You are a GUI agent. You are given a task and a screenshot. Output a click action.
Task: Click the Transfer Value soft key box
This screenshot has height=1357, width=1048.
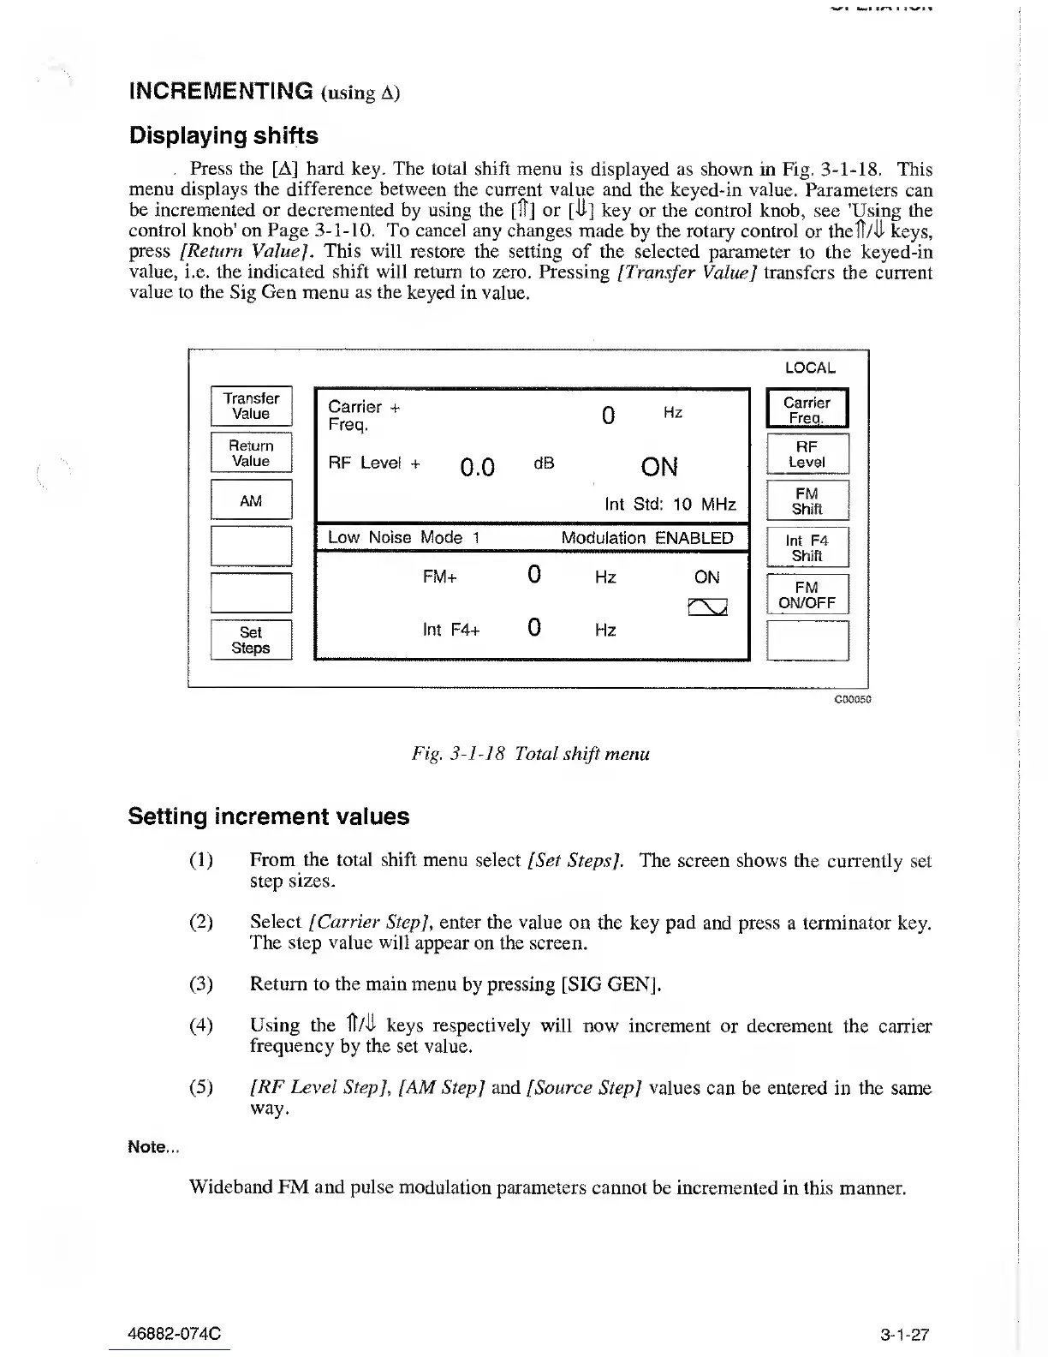[251, 406]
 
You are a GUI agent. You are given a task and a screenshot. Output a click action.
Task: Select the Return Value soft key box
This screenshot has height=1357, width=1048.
[251, 453]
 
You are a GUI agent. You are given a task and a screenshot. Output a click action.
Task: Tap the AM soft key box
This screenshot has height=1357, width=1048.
[251, 500]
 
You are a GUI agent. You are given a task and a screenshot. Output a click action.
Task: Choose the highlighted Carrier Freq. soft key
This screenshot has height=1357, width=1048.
[807, 409]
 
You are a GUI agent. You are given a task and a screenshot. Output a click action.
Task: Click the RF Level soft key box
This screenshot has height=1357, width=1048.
[807, 454]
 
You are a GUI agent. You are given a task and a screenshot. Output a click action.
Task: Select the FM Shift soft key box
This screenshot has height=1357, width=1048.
[807, 501]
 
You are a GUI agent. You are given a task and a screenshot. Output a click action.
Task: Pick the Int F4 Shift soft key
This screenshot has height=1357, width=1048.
[807, 547]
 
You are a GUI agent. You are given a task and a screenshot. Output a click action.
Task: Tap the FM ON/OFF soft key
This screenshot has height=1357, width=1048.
[807, 595]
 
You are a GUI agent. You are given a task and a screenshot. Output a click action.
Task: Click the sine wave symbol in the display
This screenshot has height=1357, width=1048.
[707, 607]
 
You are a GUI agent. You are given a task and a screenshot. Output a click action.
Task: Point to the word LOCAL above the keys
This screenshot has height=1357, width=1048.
[809, 368]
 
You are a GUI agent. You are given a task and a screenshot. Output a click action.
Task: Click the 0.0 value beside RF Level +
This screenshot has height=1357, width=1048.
[477, 468]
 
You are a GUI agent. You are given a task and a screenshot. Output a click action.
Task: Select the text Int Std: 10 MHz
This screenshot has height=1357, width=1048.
[670, 504]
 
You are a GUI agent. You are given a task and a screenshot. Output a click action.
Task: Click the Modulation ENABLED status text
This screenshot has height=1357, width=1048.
[646, 538]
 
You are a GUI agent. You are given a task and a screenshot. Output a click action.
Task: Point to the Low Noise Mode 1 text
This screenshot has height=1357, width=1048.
[403, 538]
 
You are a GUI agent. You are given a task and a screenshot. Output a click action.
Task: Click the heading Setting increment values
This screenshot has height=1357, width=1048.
[269, 816]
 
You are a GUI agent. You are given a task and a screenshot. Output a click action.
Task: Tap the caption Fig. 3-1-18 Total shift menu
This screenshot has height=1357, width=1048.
[530, 754]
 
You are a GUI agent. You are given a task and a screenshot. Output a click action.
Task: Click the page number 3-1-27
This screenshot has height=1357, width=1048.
[904, 1334]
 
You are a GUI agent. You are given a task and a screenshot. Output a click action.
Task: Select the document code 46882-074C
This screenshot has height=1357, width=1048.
[174, 1334]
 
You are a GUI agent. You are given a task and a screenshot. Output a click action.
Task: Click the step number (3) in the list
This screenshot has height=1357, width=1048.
[200, 983]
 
